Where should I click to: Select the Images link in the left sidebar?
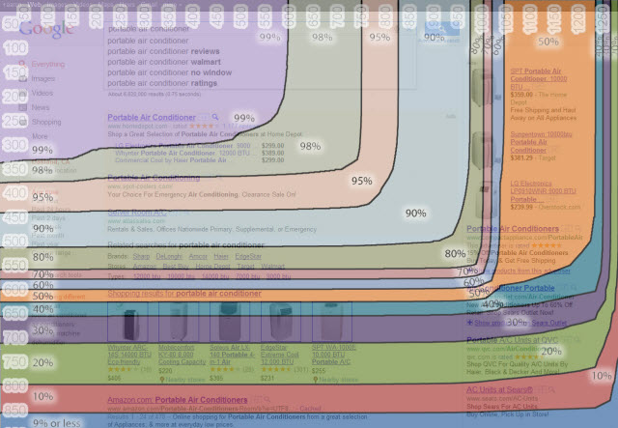43,79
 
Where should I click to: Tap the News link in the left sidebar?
42,108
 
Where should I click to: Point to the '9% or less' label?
56,422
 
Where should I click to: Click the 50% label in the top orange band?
548,43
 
